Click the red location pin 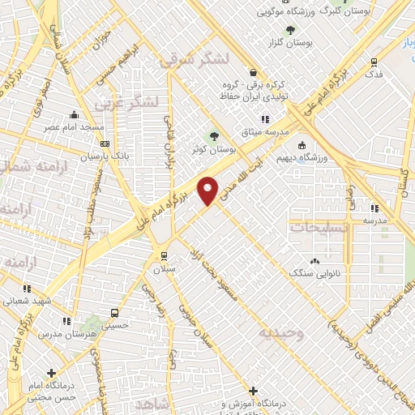pos(208,190)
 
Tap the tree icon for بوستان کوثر pos(214,136)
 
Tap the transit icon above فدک pos(374,61)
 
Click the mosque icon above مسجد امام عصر pos(75,114)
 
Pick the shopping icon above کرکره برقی pos(253,71)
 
